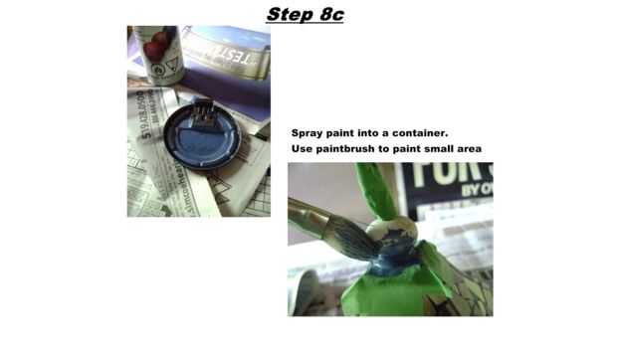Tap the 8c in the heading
(332, 15)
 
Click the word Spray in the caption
(308, 133)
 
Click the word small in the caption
(438, 149)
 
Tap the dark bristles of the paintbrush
(352, 238)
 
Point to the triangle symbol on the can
(172, 64)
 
